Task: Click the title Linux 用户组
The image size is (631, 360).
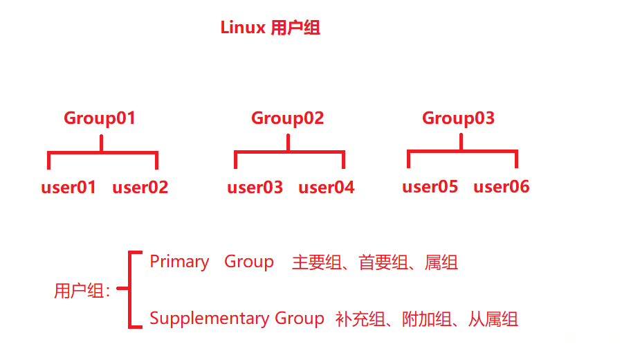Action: pyautogui.click(x=270, y=28)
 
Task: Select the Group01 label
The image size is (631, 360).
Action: pyautogui.click(x=100, y=118)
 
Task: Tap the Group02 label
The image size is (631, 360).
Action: pyautogui.click(x=287, y=118)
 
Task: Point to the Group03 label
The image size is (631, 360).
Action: pyautogui.click(x=458, y=118)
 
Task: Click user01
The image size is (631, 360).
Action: pyautogui.click(x=68, y=187)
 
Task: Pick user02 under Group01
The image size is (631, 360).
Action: pyautogui.click(x=140, y=187)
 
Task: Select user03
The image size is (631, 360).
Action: pyautogui.click(x=255, y=187)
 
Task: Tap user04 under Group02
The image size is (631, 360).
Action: pyautogui.click(x=326, y=187)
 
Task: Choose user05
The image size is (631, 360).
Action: pyautogui.click(x=430, y=186)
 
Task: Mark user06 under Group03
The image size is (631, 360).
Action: pyautogui.click(x=501, y=186)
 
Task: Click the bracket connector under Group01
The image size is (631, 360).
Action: pyautogui.click(x=102, y=152)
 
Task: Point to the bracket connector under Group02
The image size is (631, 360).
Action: pyautogui.click(x=289, y=152)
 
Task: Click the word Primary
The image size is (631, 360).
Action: pyautogui.click(x=179, y=262)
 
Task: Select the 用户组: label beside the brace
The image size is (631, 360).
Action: pyautogui.click(x=82, y=291)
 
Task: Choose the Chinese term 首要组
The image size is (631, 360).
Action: pyautogui.click(x=380, y=262)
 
